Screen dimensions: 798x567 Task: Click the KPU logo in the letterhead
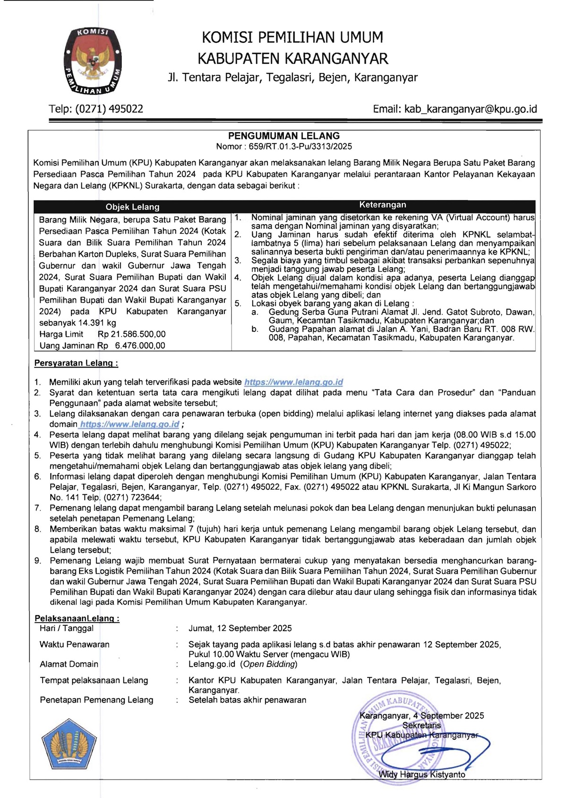[92, 60]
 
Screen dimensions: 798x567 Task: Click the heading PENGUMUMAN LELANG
[284, 136]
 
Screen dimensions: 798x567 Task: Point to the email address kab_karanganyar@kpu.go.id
[470, 109]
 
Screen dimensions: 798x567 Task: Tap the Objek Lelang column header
[132, 207]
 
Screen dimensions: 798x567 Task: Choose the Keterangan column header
[383, 205]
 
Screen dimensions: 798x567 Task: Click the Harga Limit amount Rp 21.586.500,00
[132, 334]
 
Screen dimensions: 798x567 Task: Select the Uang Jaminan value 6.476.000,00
[140, 346]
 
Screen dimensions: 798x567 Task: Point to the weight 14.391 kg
[97, 323]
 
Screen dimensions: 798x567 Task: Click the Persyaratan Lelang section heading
[76, 364]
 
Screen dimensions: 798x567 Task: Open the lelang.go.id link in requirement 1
[293, 382]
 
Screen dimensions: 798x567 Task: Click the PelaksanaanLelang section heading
[77, 618]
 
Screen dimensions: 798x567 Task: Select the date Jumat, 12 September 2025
[240, 628]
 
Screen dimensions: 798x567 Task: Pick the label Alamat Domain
[69, 664]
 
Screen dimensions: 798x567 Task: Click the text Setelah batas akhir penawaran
[247, 700]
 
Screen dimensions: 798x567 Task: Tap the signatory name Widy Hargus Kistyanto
[422, 775]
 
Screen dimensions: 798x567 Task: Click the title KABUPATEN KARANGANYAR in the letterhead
[292, 59]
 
